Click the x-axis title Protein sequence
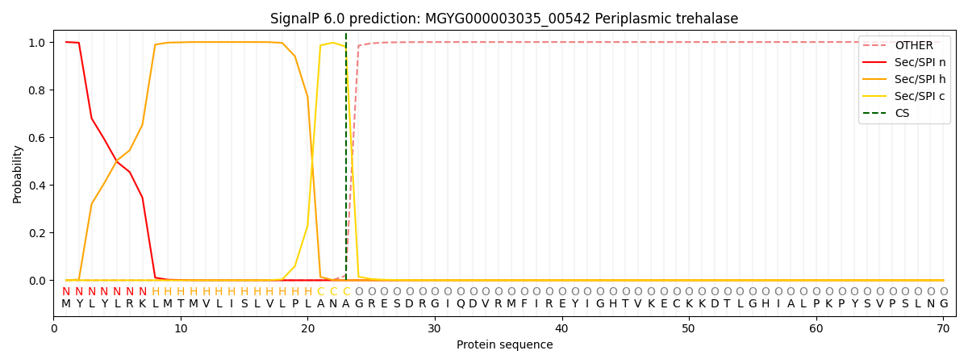(504, 344)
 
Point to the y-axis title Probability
(18, 173)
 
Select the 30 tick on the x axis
(435, 329)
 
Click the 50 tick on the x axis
(689, 329)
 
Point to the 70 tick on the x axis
(943, 329)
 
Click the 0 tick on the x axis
(54, 329)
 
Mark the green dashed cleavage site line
(346, 161)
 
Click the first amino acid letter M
(66, 304)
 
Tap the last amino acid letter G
(943, 304)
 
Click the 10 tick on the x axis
(181, 329)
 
